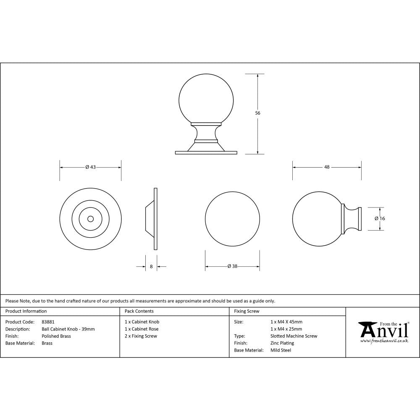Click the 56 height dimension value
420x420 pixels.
pyautogui.click(x=258, y=113)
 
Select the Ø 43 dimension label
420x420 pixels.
pyautogui.click(x=91, y=167)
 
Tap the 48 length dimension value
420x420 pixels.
pyautogui.click(x=327, y=167)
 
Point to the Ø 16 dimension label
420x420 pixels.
pyautogui.click(x=380, y=218)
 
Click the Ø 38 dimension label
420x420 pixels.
pyautogui.click(x=232, y=266)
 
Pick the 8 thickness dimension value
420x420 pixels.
pyautogui.click(x=151, y=266)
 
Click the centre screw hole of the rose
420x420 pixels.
pyautogui.click(x=90, y=219)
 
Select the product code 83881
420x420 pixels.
pyautogui.click(x=48, y=322)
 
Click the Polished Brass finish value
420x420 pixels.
pyautogui.click(x=56, y=336)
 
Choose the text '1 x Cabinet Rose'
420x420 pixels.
pyautogui.click(x=142, y=329)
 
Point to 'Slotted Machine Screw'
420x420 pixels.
pyautogui.click(x=294, y=336)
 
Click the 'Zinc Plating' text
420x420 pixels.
pyautogui.click(x=282, y=343)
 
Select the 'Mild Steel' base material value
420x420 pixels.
pyautogui.click(x=281, y=350)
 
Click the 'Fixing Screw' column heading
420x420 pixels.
pyautogui.click(x=247, y=311)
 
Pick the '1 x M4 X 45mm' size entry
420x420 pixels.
pyautogui.click(x=286, y=322)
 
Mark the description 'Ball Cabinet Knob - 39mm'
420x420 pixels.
pyautogui.click(x=68, y=329)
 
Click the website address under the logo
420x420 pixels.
pyautogui.click(x=384, y=341)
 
